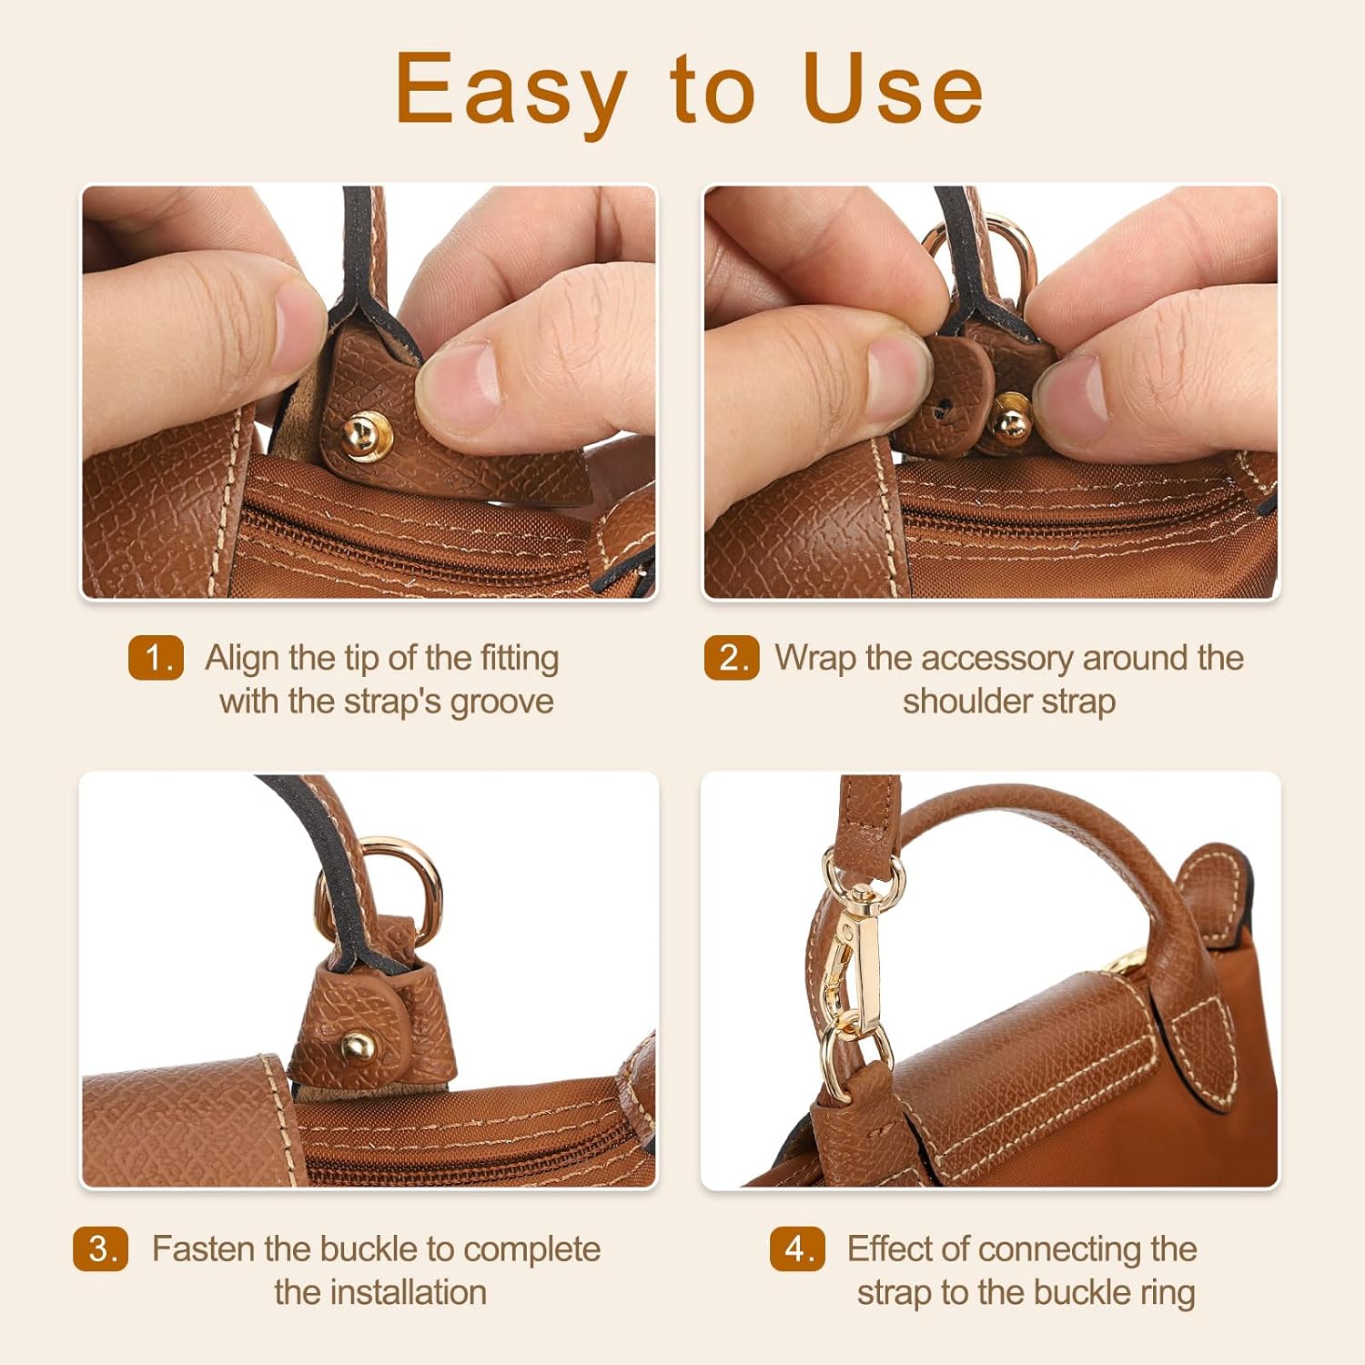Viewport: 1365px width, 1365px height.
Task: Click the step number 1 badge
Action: (x=156, y=658)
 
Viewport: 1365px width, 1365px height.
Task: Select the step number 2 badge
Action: (x=731, y=658)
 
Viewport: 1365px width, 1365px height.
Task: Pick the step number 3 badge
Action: (x=101, y=1249)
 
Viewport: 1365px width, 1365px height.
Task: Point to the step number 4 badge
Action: (x=797, y=1249)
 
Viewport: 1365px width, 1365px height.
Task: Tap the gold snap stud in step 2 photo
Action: (x=1009, y=418)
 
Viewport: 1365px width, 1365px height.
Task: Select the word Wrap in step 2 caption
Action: (x=814, y=658)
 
